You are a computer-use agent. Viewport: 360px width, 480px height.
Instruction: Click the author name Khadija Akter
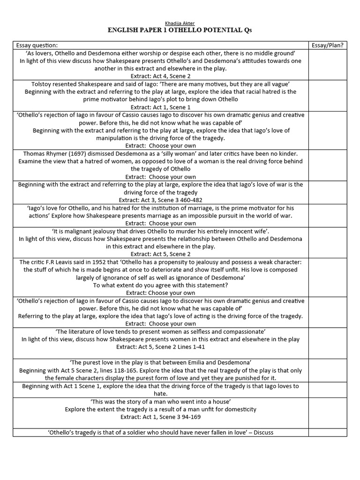click(180, 23)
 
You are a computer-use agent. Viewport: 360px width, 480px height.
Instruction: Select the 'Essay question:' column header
click(37, 45)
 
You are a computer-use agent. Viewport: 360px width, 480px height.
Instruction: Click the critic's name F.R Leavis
click(62, 262)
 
